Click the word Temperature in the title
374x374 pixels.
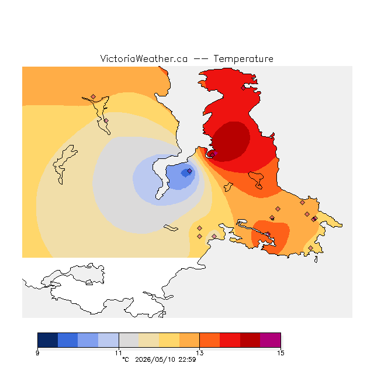pos(243,58)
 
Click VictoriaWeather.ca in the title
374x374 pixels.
pos(144,58)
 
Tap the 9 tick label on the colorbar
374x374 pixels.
pos(37,353)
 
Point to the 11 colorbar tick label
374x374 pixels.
pos(119,353)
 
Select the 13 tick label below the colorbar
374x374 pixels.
pos(200,353)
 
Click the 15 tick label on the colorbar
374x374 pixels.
pos(280,353)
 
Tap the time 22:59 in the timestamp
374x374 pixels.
pos(187,359)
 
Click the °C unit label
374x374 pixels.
pos(126,359)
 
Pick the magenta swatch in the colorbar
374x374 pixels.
pos(271,340)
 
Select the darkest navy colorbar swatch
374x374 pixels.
pos(48,340)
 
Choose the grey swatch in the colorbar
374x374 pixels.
pos(129,340)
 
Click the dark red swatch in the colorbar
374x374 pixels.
pos(250,340)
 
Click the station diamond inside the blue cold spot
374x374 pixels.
pos(189,171)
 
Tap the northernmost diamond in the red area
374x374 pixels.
pos(243,88)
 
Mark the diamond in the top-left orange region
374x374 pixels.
pos(93,96)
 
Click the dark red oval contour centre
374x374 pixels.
pos(231,141)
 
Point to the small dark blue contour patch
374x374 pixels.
pos(186,173)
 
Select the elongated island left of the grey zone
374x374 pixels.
pos(64,164)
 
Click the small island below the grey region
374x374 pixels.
pos(171,228)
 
